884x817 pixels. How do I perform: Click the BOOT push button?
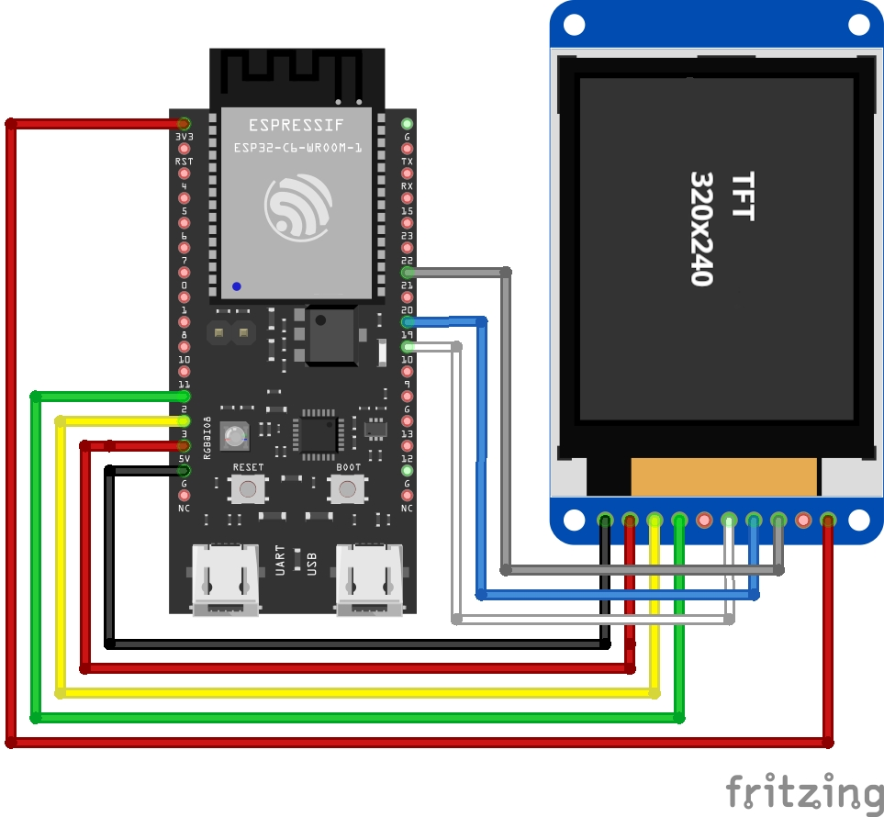(x=347, y=488)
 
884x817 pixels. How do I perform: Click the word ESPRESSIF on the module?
(x=297, y=125)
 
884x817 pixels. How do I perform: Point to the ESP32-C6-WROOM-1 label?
(x=297, y=147)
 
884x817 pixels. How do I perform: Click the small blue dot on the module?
(x=237, y=286)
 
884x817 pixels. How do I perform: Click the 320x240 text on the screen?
(x=701, y=228)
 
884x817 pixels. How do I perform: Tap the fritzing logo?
(x=804, y=790)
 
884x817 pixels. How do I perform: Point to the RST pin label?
(x=185, y=162)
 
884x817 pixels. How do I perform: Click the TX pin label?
(x=408, y=162)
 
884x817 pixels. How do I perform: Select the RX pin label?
(x=408, y=186)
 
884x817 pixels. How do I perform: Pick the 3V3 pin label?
(x=185, y=137)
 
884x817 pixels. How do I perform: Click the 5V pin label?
(x=185, y=458)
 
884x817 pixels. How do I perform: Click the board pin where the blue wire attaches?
(x=408, y=322)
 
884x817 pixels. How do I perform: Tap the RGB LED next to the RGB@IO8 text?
(x=237, y=437)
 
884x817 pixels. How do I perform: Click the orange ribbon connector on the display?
(x=723, y=476)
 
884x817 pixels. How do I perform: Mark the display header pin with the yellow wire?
(x=655, y=520)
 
